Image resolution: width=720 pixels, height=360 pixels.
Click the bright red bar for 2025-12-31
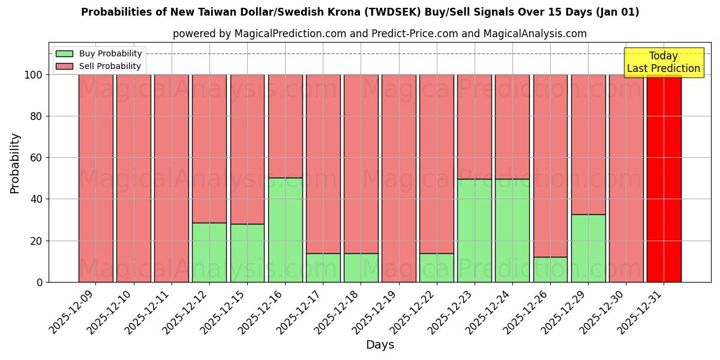664,178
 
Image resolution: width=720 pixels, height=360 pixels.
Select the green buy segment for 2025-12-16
285,230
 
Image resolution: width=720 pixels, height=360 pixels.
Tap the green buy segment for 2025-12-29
588,248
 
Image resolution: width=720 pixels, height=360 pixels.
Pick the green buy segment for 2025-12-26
550,269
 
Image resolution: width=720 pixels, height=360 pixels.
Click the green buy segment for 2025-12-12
209,252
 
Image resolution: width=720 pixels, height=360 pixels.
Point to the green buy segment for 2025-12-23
474,230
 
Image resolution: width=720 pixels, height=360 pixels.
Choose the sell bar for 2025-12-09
95,178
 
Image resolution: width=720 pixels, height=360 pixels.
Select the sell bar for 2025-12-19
398,178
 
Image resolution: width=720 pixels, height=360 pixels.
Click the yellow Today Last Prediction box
663,62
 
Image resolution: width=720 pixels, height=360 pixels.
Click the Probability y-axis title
15,163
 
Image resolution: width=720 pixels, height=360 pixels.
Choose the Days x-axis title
380,345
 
